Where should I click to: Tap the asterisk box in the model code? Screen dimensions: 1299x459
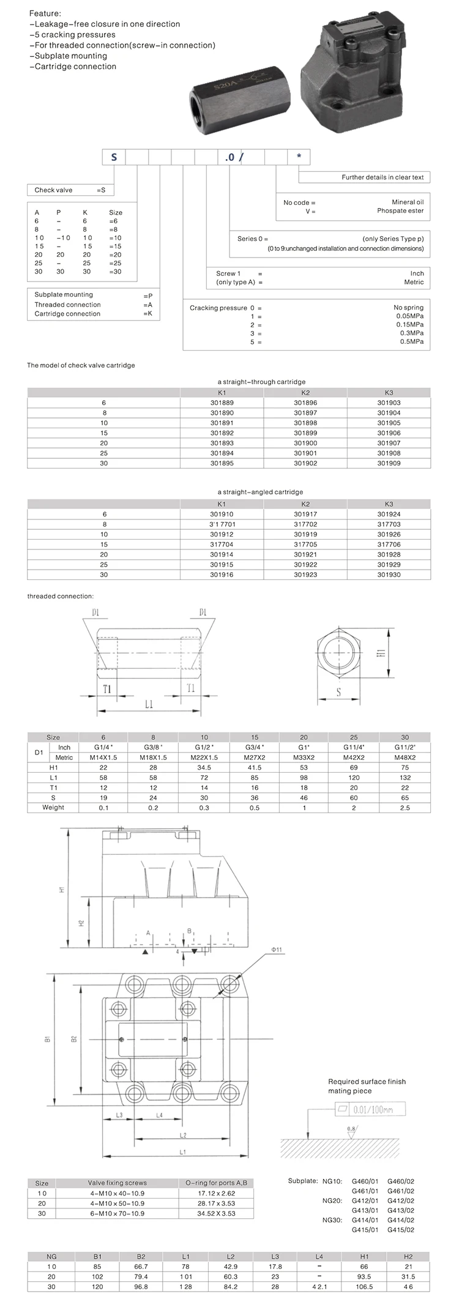click(299, 157)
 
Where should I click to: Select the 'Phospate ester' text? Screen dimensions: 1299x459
click(400, 210)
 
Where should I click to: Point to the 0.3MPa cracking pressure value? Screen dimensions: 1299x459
click(411, 333)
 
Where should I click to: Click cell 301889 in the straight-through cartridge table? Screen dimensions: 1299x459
click(222, 403)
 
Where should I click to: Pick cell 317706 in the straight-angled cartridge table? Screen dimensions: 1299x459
click(389, 544)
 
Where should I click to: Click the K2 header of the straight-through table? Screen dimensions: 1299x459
click(305, 393)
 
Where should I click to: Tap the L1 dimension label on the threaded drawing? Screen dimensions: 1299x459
click(149, 704)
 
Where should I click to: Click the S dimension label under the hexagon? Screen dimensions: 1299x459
click(338, 693)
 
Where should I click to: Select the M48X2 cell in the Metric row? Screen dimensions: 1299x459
click(405, 757)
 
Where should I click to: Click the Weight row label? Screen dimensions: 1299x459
click(53, 807)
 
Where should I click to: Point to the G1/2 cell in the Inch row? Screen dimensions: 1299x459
click(204, 747)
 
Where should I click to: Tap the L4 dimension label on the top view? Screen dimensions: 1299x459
click(159, 1115)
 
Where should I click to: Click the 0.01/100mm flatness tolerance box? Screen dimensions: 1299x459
click(371, 1109)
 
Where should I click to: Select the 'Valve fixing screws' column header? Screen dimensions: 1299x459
click(117, 1183)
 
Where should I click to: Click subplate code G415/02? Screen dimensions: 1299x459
click(401, 1229)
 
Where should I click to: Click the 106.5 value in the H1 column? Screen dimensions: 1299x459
click(364, 1286)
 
